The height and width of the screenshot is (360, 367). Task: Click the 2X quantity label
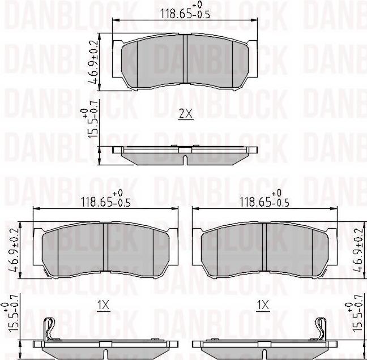[186, 114]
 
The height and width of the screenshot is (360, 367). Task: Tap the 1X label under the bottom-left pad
[103, 305]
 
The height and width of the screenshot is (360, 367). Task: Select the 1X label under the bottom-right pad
[263, 305]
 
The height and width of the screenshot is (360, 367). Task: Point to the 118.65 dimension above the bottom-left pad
[105, 200]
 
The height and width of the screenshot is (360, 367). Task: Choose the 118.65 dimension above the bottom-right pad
[264, 200]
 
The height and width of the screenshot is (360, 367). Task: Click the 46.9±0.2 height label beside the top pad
[93, 62]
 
